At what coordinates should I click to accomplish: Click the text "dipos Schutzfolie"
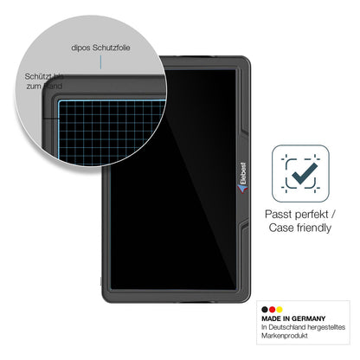100,48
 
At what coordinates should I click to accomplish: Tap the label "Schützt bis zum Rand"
44,81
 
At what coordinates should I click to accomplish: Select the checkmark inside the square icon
305,174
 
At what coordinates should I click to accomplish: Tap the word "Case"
281,228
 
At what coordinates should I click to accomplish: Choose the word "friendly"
314,228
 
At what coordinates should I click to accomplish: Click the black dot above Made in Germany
265,310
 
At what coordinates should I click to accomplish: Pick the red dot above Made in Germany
272,310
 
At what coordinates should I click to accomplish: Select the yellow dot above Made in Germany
279,310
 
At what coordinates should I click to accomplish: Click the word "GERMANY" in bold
308,318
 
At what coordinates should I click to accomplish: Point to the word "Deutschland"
286,327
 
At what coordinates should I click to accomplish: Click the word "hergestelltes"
326,327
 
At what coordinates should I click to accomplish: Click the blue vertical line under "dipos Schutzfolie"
100,62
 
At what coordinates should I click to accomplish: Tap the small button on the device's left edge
101,281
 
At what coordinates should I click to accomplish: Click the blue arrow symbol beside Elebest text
242,189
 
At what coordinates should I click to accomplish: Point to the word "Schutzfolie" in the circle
111,48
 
